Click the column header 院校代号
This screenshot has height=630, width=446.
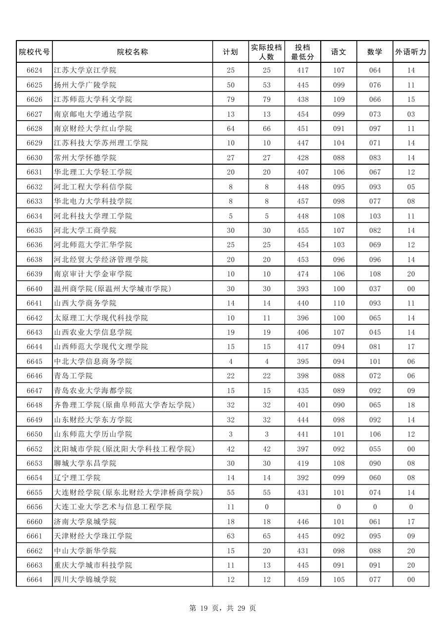click(x=34, y=52)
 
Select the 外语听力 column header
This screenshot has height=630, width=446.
click(x=411, y=52)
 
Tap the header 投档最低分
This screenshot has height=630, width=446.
click(x=302, y=52)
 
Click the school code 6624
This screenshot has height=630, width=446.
click(x=34, y=70)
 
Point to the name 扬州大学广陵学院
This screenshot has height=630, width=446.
click(x=85, y=85)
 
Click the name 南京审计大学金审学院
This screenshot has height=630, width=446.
click(x=93, y=274)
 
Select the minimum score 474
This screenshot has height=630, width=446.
click(x=302, y=274)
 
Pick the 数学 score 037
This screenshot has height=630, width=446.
click(x=375, y=289)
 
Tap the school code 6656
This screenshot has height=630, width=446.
click(x=34, y=507)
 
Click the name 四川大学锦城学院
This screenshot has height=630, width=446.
click(x=85, y=580)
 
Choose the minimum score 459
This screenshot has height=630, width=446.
click(x=302, y=580)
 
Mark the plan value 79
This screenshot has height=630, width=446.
click(x=231, y=99)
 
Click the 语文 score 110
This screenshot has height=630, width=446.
click(x=339, y=303)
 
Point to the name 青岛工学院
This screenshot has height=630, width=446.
click(x=73, y=376)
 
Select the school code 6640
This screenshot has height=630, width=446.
click(x=34, y=289)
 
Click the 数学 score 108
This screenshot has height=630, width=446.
click(x=375, y=274)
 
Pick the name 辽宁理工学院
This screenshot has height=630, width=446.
click(x=77, y=478)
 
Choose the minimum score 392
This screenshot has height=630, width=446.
click(x=302, y=478)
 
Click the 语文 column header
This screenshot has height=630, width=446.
click(x=339, y=52)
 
